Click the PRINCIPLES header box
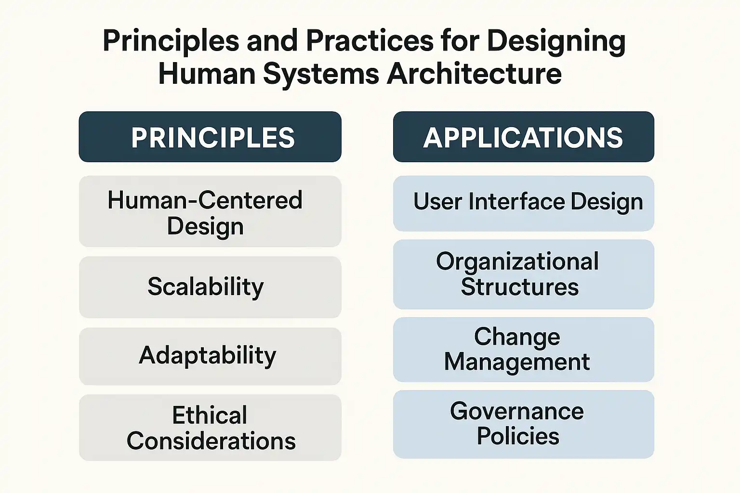(210, 137)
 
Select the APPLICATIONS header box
(524, 137)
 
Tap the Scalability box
(210, 287)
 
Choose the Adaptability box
(210, 356)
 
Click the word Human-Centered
(205, 200)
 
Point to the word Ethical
(210, 415)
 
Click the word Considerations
(211, 441)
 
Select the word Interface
(516, 201)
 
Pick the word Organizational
(517, 261)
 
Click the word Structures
(520, 286)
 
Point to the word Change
(517, 337)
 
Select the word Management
(517, 362)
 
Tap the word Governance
(517, 412)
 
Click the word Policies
(518, 436)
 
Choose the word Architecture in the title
(474, 73)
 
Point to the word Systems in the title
(321, 75)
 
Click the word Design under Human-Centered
(205, 227)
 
